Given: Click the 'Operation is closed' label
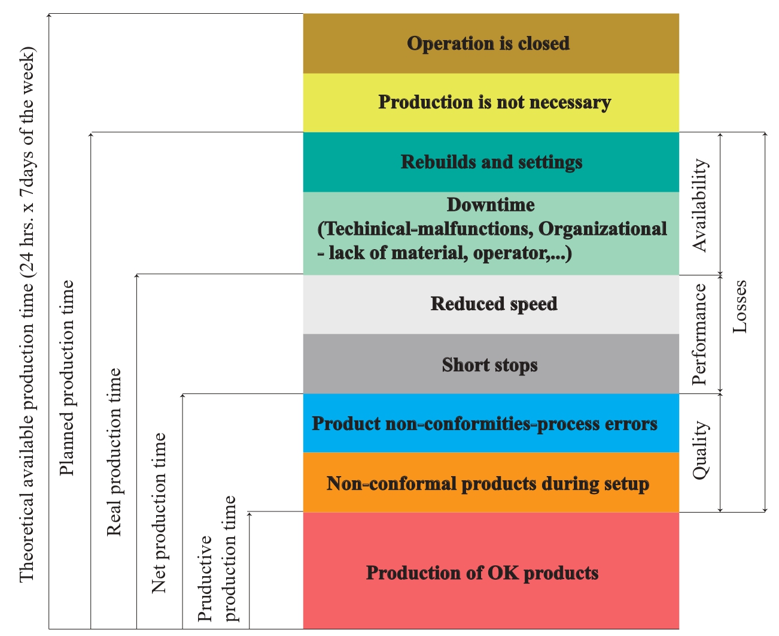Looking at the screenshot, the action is [488, 44].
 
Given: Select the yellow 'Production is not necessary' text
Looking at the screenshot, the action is [495, 102].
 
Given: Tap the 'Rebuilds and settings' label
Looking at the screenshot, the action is [491, 162].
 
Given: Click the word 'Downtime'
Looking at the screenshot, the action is [491, 204].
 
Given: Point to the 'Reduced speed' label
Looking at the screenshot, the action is [494, 304].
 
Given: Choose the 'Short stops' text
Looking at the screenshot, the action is [490, 365].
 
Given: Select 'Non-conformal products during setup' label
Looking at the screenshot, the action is [488, 484].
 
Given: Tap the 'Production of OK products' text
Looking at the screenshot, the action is [482, 573].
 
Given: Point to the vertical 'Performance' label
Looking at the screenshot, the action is [699, 334].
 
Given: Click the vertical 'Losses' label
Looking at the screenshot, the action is [740, 307].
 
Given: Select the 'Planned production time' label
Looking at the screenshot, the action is [67, 378].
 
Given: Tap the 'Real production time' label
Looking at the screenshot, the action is [114, 452].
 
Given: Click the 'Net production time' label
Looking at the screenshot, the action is [159, 513].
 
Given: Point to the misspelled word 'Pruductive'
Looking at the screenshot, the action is [205, 579].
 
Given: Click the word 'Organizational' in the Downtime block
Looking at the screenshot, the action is [603, 229].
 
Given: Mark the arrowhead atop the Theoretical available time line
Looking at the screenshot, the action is [48, 15].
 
